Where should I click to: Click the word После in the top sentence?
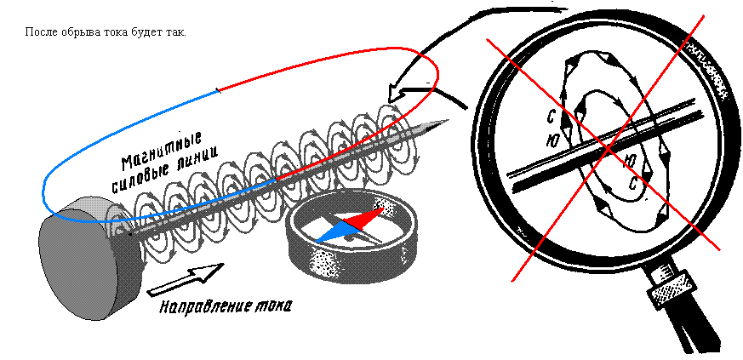[41, 32]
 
